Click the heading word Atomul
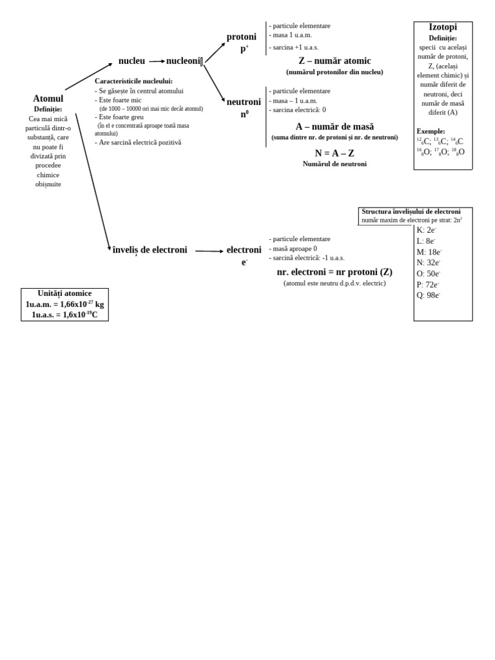(48, 99)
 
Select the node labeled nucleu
(131, 61)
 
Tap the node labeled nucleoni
(184, 61)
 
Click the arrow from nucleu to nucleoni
(157, 61)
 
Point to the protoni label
(241, 37)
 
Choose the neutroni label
(244, 102)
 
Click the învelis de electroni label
(150, 250)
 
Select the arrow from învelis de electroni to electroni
(209, 251)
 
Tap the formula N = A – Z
(335, 153)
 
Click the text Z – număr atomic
(335, 61)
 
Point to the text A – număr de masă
(335, 126)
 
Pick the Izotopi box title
(443, 27)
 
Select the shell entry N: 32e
(429, 263)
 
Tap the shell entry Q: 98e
(429, 296)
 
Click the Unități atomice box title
(64, 293)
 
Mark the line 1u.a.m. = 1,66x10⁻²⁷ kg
(64, 304)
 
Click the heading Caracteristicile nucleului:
(133, 81)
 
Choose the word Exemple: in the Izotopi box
(431, 131)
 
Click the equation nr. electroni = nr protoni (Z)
(335, 272)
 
